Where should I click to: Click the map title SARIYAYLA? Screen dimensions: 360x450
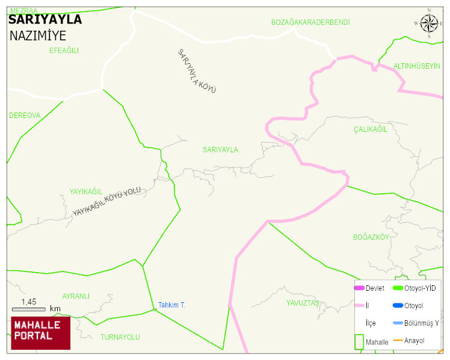45,19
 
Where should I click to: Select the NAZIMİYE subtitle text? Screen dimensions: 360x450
38,36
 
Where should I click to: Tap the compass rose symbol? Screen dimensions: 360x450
429,23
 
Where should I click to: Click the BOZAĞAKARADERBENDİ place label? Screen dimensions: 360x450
310,22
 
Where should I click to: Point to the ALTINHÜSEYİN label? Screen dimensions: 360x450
416,66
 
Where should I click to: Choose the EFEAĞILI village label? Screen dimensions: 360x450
64,51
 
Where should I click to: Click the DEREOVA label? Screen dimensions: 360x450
25,115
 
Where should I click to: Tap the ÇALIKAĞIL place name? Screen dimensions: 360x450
371,130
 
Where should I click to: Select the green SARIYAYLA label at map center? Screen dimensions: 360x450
220,150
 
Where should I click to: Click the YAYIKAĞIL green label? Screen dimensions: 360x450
85,191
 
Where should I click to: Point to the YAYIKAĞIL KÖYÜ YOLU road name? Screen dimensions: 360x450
106,202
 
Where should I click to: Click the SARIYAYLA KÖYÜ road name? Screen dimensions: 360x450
196,70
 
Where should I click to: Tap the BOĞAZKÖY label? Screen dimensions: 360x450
371,237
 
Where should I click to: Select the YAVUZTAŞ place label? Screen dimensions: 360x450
302,303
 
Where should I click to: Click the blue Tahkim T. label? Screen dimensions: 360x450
171,305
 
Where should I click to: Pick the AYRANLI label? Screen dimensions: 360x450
76,296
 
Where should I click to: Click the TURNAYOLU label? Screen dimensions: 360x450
120,337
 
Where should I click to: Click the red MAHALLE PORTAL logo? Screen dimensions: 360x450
40,333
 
